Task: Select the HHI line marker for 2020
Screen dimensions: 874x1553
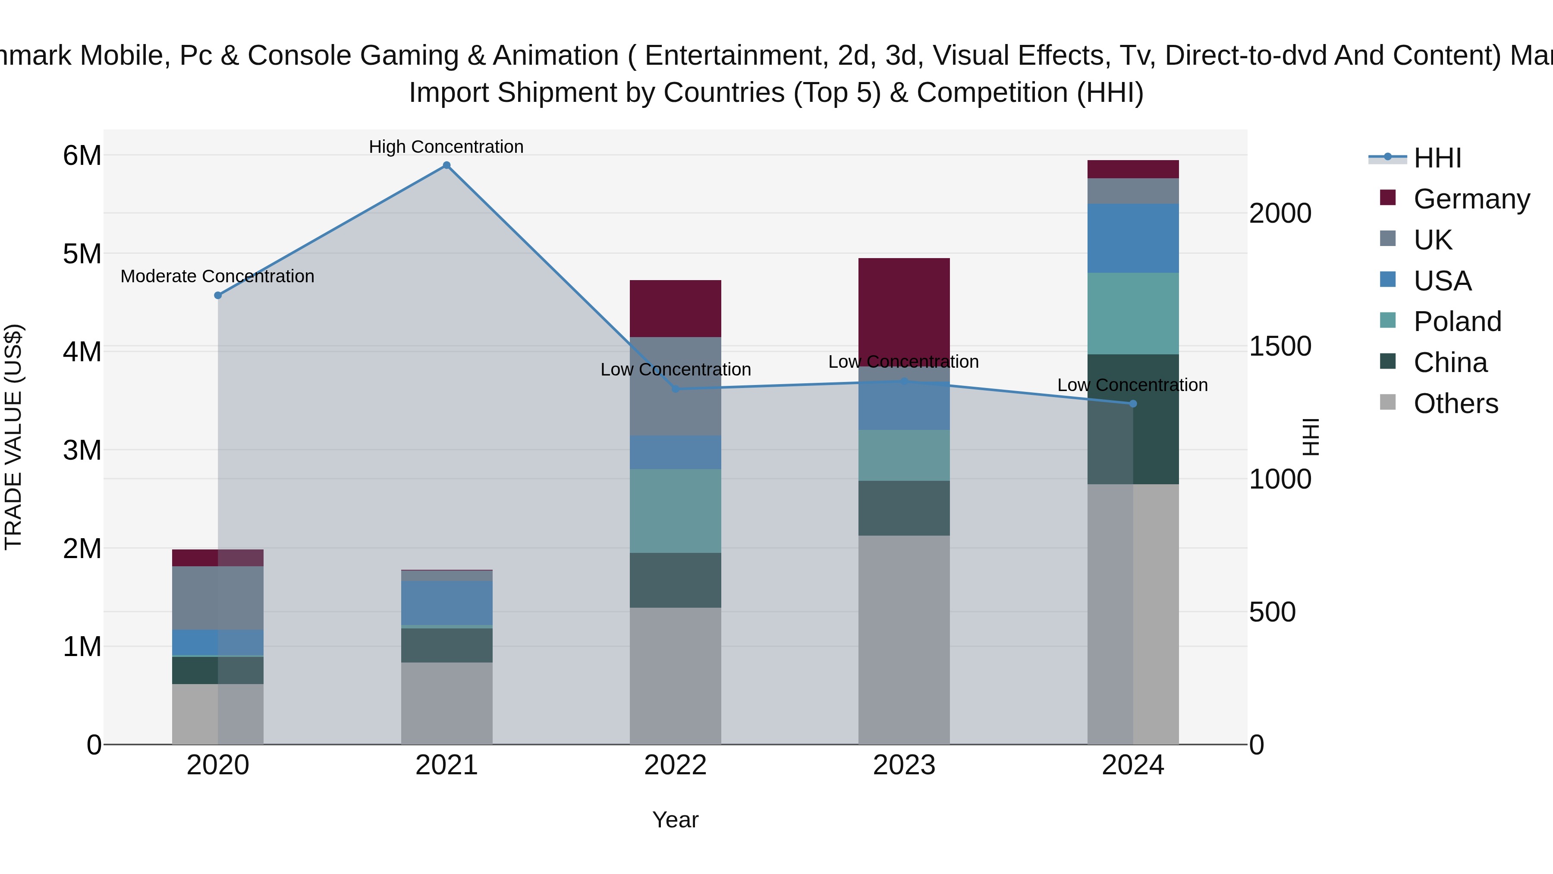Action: [218, 296]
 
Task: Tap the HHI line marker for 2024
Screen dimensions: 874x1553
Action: [1133, 404]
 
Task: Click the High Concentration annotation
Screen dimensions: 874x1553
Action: [446, 147]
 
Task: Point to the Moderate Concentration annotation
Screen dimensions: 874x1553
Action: [218, 276]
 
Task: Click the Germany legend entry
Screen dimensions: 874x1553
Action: [1471, 199]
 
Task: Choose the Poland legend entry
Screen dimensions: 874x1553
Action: [1457, 322]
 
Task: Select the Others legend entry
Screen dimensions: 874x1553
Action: [1456, 404]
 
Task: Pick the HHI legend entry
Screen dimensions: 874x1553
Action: [1437, 158]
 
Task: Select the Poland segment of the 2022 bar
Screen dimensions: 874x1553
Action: [675, 511]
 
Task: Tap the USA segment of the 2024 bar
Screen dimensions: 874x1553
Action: [1133, 238]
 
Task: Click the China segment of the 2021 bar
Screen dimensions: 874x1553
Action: [447, 645]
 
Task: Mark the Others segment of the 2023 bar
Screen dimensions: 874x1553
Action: [904, 639]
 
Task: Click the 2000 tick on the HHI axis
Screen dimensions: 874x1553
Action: [1280, 214]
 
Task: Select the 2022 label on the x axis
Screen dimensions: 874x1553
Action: [675, 765]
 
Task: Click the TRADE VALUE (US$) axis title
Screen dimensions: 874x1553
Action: [13, 437]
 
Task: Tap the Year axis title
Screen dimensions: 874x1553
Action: [675, 820]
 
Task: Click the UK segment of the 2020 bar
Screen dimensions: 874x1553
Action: [218, 598]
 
